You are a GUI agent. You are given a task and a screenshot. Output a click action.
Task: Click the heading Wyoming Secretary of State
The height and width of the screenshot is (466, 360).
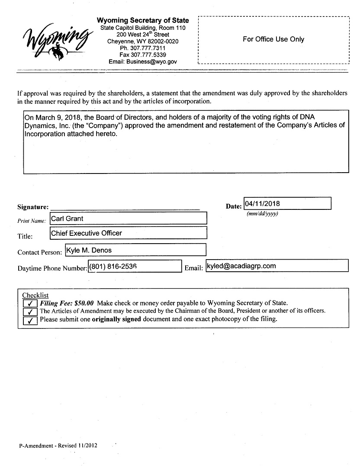(x=143, y=20)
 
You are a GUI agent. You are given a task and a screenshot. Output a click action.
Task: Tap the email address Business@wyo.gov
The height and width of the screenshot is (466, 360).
(x=143, y=62)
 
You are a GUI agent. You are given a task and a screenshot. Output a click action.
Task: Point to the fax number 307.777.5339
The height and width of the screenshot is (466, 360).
(x=143, y=55)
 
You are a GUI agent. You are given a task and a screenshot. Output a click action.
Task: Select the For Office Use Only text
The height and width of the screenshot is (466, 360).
(x=273, y=39)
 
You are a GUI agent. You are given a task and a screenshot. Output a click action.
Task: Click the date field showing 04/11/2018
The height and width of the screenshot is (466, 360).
(x=288, y=203)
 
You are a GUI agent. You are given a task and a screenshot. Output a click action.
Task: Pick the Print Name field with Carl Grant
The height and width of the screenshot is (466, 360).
(x=128, y=219)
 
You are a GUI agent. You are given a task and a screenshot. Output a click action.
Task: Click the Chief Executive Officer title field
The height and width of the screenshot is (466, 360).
(x=128, y=233)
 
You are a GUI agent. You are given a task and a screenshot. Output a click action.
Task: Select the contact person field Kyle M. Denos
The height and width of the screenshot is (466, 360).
(x=135, y=250)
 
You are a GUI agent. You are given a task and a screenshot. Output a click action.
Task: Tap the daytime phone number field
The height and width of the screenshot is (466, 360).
(x=135, y=266)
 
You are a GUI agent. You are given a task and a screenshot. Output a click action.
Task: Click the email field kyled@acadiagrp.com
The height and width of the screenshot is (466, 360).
(x=277, y=266)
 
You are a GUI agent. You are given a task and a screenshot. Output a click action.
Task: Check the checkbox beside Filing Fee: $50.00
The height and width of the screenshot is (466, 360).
(x=30, y=304)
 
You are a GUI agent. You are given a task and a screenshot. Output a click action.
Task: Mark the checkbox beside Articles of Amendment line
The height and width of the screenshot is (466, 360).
(x=30, y=312)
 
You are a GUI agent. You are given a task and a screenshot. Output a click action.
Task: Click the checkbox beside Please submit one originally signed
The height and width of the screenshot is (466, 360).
(x=30, y=321)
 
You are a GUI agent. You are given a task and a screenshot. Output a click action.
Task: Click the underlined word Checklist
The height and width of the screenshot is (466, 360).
(x=35, y=296)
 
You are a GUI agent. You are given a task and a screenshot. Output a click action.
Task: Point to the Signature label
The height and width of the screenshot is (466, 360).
(x=33, y=207)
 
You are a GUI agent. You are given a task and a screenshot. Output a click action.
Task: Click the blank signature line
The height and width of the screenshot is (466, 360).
(x=125, y=208)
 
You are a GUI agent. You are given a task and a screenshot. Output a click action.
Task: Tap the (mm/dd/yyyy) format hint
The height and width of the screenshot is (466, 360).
(x=262, y=214)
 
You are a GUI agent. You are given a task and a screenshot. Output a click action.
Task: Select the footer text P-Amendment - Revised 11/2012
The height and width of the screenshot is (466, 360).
(x=58, y=446)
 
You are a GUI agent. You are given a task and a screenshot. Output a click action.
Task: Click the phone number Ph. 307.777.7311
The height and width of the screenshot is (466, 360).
(x=143, y=48)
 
